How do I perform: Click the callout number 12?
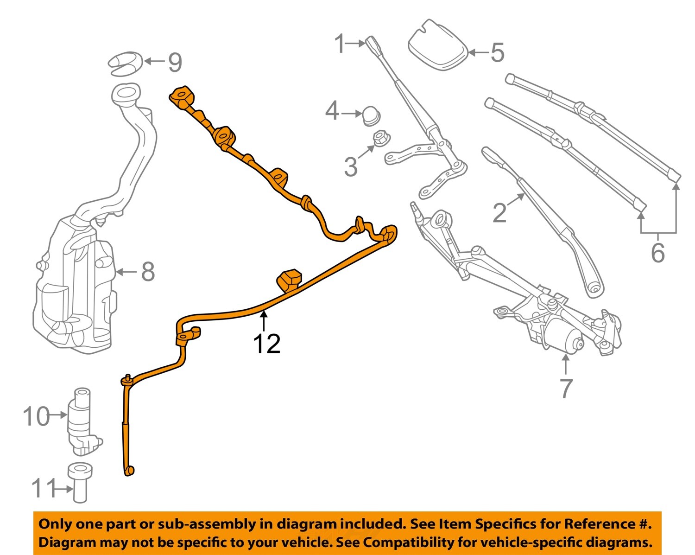[266, 344]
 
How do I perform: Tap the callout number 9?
[175, 62]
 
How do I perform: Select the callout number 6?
[658, 253]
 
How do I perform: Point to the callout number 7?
[566, 388]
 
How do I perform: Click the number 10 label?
[36, 416]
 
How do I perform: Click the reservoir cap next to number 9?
[125, 64]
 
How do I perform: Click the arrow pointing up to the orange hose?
[264, 321]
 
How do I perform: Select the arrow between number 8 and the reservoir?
[125, 272]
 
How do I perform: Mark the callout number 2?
[499, 213]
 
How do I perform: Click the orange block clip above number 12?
[289, 280]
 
